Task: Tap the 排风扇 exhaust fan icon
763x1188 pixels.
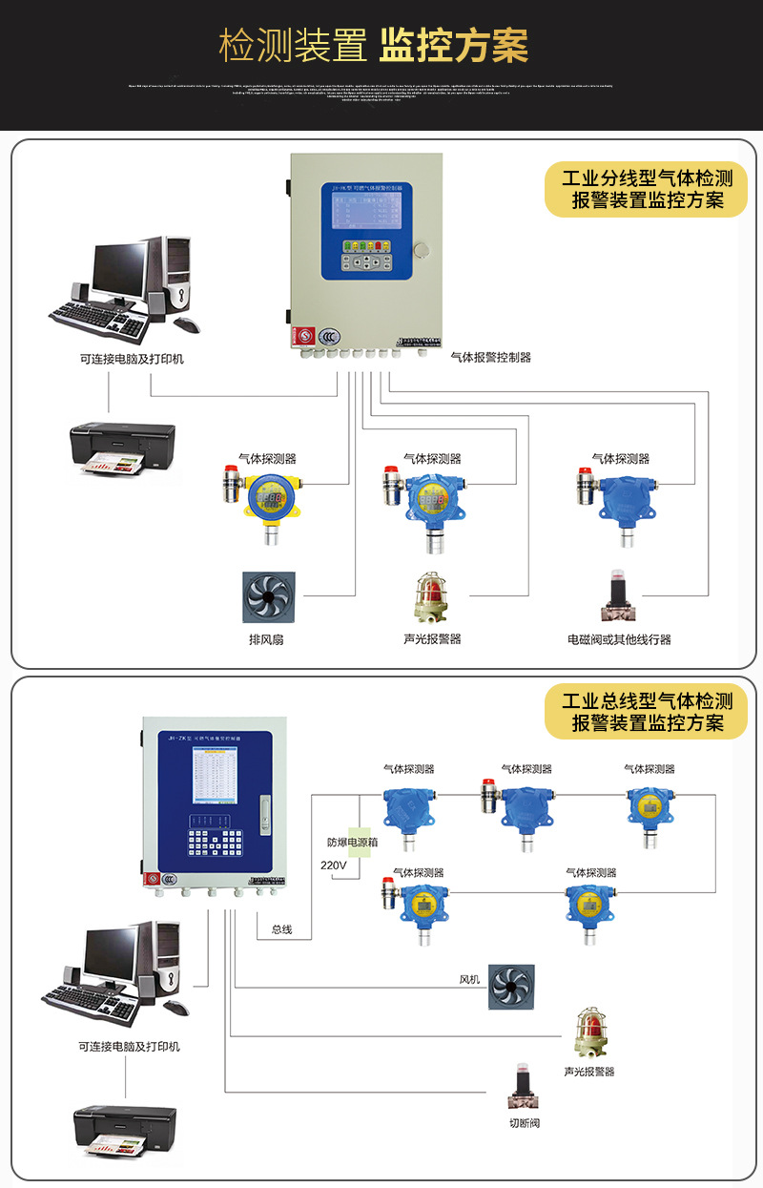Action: point(268,597)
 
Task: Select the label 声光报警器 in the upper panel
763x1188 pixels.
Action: point(432,638)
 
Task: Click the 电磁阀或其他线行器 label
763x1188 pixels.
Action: point(619,639)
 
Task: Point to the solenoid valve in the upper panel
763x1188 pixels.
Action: point(618,596)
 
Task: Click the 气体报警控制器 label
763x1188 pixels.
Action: point(490,357)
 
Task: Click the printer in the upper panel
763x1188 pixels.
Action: point(122,447)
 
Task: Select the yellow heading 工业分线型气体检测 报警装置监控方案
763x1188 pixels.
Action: point(647,189)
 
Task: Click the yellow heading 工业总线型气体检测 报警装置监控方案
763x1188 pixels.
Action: point(647,712)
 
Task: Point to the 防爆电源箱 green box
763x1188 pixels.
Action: point(358,843)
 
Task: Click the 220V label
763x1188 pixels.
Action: point(333,865)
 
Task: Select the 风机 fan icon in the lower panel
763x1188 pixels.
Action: point(511,987)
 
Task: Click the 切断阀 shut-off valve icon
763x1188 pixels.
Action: point(522,1086)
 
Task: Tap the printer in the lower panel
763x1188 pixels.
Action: point(125,1132)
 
